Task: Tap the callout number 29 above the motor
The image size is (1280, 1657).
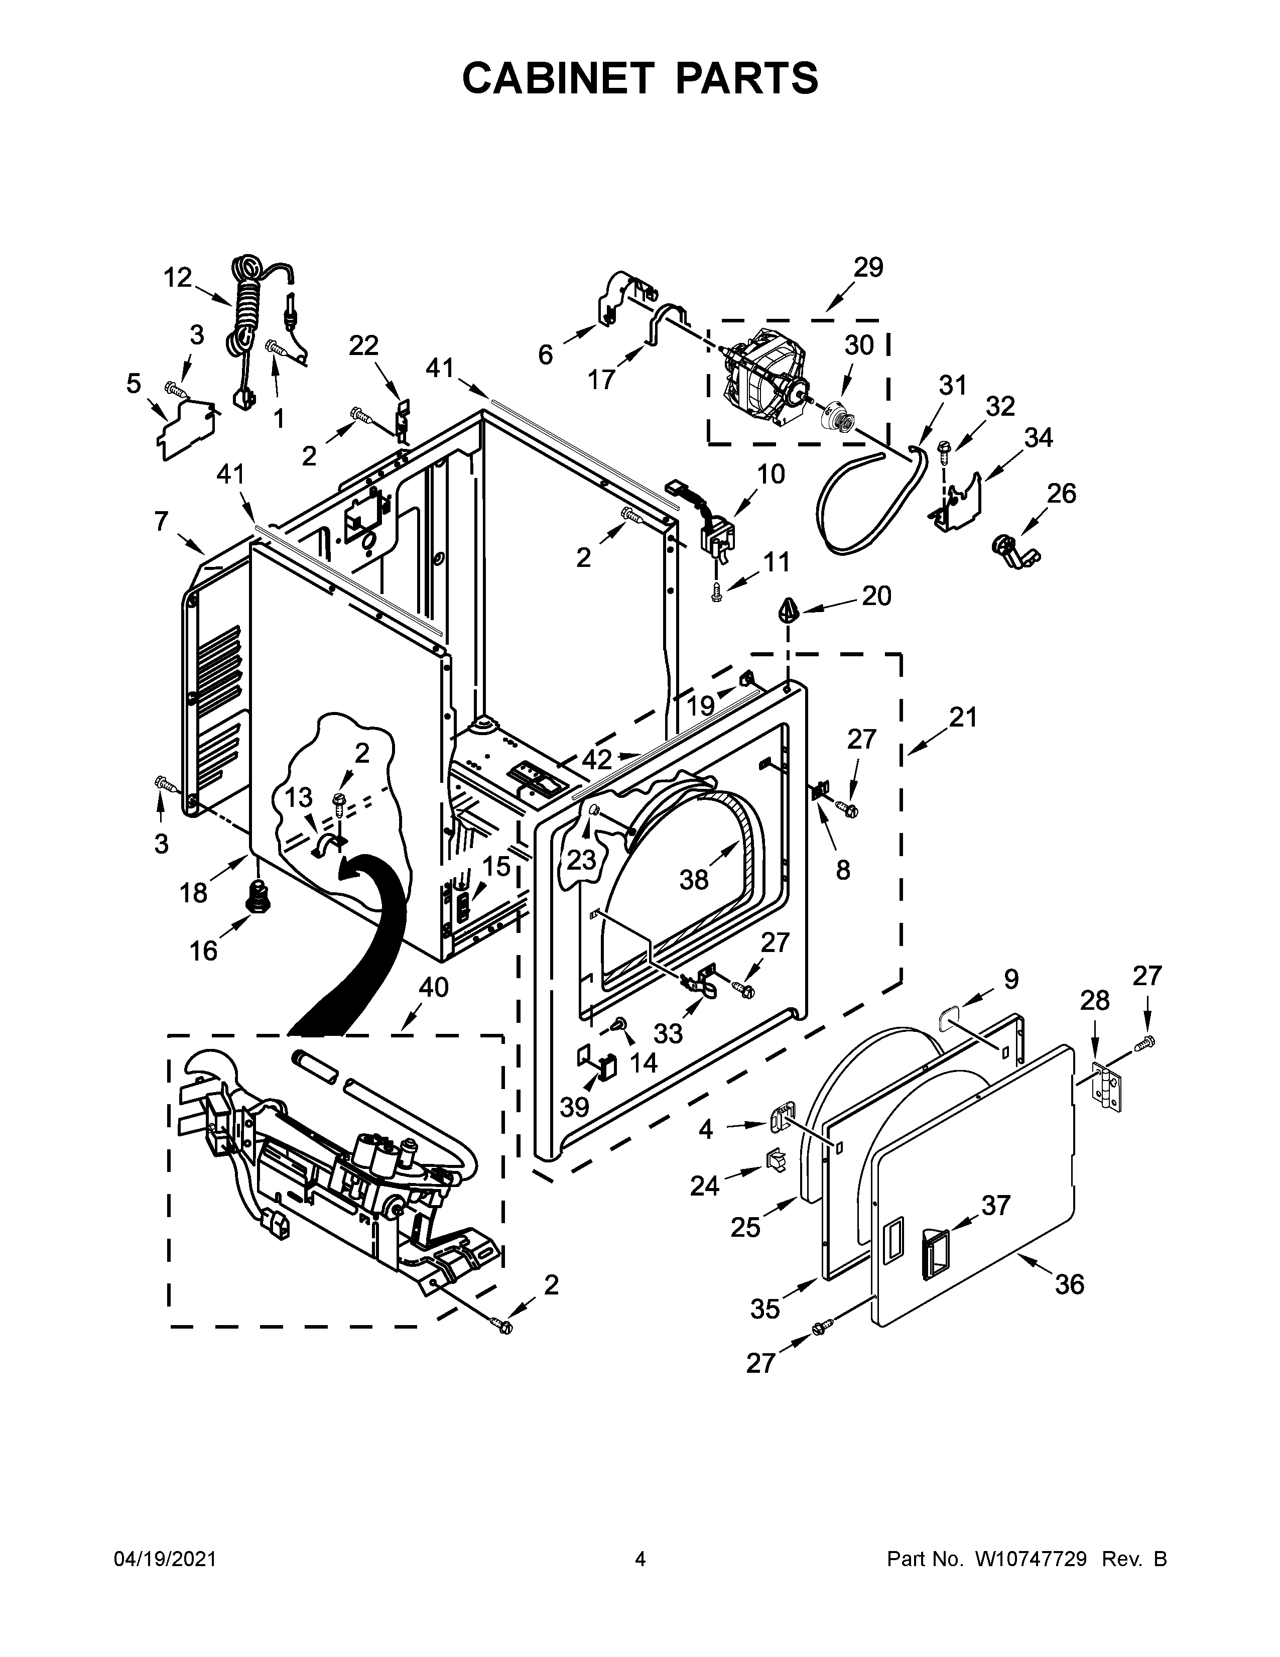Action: click(x=868, y=267)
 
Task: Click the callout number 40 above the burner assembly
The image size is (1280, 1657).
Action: click(x=433, y=987)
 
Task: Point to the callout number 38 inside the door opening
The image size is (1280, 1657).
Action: click(x=694, y=879)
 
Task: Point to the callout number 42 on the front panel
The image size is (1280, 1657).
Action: click(x=597, y=759)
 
